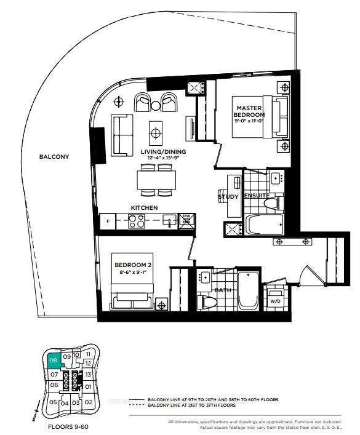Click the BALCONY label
[54, 157]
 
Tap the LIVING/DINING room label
[164, 151]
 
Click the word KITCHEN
[144, 208]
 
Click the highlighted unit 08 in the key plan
[54, 361]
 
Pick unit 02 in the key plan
[88, 402]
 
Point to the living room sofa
[122, 134]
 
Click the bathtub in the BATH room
[249, 290]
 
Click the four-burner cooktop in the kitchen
[137, 221]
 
